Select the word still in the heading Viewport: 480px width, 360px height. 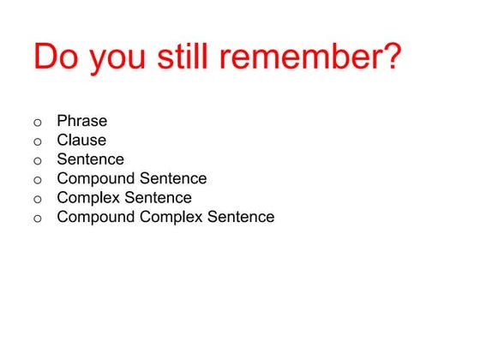(x=183, y=57)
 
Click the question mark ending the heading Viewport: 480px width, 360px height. (x=390, y=57)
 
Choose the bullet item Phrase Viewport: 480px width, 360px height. (x=81, y=121)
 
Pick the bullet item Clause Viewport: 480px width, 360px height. (x=81, y=140)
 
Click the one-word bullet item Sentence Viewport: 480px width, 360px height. (x=90, y=159)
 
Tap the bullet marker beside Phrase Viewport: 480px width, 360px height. (x=37, y=122)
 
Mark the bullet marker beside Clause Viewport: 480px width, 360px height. (x=37, y=141)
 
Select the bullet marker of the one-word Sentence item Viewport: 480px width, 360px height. (x=37, y=160)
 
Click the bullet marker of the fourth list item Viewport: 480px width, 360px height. (x=37, y=180)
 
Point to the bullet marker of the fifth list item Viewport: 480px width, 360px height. (x=37, y=199)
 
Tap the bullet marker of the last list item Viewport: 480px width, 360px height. (x=37, y=219)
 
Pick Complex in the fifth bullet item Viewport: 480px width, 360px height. (x=87, y=199)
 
